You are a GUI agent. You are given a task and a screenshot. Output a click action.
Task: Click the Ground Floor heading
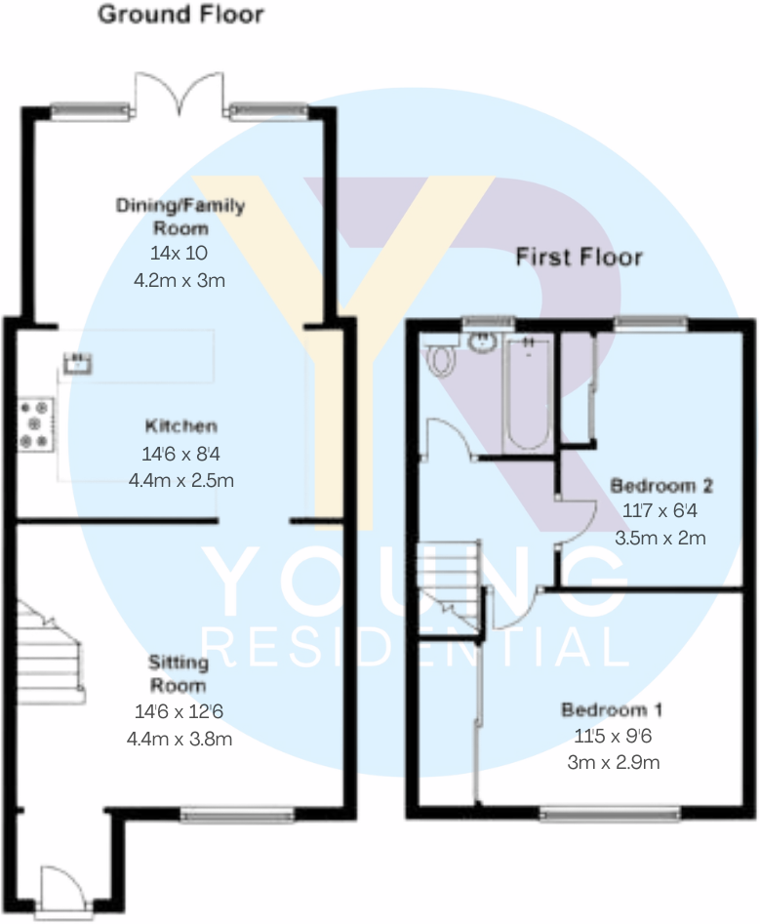pos(180,16)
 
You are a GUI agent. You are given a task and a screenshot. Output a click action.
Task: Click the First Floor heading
pos(579,258)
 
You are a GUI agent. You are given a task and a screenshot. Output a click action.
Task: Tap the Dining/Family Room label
pos(180,217)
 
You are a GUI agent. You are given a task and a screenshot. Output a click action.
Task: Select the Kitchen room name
pos(180,426)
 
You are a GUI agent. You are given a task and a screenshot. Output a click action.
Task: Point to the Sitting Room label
pos(180,674)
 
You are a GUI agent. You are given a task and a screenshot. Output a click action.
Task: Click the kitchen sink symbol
pos(77,363)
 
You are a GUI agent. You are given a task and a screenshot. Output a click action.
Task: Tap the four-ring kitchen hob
pos(36,424)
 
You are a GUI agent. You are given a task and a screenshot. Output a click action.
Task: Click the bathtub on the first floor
pos(528,394)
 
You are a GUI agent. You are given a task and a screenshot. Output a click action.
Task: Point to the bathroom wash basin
pos(482,341)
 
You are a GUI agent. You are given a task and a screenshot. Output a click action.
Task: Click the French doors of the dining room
pos(180,96)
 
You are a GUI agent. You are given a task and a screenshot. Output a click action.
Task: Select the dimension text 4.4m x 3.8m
pos(180,740)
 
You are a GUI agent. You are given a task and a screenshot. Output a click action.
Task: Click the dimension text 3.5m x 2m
pos(660,537)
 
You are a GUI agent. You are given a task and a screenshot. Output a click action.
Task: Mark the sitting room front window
pos(237,812)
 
